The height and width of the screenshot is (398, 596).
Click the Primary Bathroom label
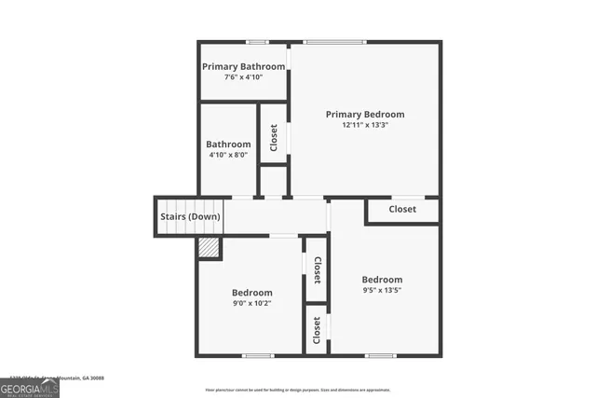coord(244,66)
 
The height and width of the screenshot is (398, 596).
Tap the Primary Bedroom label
coord(365,114)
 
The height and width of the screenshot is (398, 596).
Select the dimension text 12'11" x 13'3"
coord(365,125)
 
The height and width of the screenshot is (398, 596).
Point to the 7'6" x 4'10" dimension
coord(244,76)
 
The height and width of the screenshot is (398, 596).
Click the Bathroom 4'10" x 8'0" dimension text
coord(228,156)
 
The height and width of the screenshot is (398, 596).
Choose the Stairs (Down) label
coord(190,217)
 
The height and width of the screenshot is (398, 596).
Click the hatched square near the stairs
coord(209,247)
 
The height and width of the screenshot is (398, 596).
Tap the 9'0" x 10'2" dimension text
coord(251,303)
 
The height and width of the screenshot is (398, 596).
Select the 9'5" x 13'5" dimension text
coord(382,290)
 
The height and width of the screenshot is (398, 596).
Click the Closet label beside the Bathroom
coord(274,139)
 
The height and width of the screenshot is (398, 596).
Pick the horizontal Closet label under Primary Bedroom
coord(402,209)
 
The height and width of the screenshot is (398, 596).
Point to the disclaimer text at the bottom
coord(298,390)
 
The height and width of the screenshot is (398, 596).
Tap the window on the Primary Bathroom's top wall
coord(257,42)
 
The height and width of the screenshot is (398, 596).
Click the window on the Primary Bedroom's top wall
coord(336,42)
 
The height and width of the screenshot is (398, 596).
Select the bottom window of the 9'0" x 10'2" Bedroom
coord(257,355)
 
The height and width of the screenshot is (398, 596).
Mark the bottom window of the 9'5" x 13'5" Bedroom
coord(380,355)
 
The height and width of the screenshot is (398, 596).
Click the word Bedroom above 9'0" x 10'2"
coord(251,292)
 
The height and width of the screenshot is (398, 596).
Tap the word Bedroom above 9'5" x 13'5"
coord(382,280)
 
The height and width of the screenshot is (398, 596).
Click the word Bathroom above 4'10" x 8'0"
coord(228,144)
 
